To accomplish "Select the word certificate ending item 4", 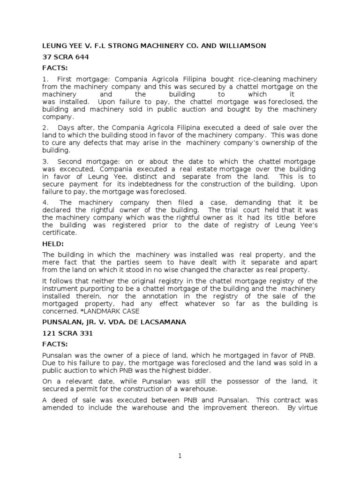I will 59,232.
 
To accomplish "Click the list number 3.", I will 44,161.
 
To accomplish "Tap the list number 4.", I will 44,202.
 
